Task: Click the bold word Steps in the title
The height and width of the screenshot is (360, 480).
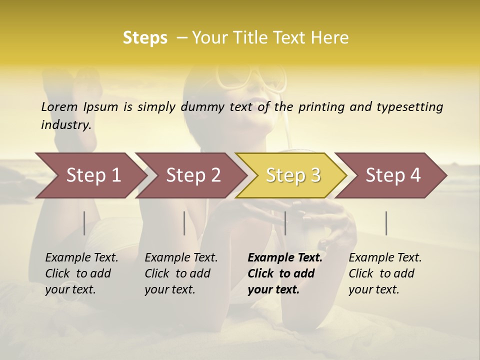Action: pos(145,38)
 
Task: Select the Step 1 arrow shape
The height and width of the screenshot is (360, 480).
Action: pos(90,175)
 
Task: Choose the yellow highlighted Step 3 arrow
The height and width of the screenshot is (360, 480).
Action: pos(292,175)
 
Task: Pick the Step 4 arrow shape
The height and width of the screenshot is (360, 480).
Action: pos(392,175)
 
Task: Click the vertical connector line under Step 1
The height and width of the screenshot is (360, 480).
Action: pos(84,223)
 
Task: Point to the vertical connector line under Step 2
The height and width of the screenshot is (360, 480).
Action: pos(184,223)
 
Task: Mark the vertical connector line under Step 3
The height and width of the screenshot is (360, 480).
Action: pos(285,223)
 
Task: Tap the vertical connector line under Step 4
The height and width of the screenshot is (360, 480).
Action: pos(386,223)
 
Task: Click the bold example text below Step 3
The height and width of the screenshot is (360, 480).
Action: pos(284,273)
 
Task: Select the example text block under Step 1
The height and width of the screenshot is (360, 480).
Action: pos(81,273)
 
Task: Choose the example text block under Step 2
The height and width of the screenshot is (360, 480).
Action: pos(181,273)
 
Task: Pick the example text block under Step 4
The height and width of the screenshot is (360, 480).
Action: pos(385,273)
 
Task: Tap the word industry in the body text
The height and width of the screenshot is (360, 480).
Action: pos(66,124)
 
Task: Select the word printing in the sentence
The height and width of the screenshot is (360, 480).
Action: pos(321,107)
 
